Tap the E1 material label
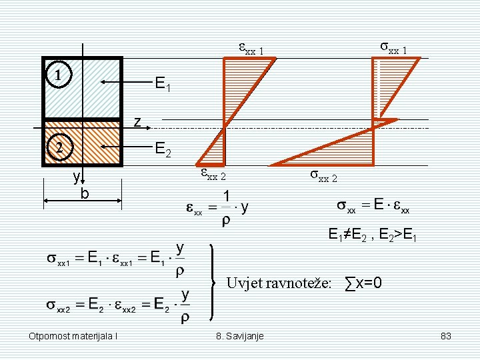(x=163, y=85)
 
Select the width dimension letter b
(x=85, y=194)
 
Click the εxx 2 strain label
(x=214, y=175)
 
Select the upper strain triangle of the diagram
(x=243, y=80)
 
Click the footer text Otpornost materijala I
(x=73, y=335)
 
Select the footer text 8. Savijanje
(x=240, y=335)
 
